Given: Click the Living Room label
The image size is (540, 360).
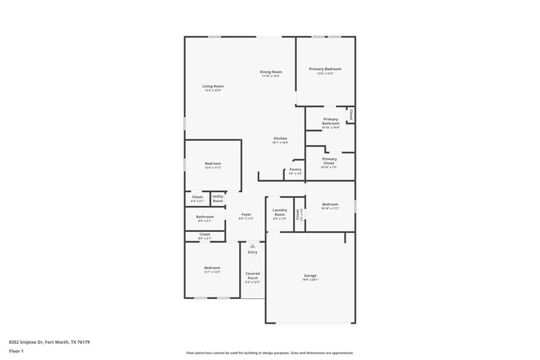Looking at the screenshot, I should point(213,86).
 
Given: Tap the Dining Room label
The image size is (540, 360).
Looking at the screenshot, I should point(270,72).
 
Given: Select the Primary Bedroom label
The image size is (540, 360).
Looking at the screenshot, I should point(325,69).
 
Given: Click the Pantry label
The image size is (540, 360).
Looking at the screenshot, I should point(295,170).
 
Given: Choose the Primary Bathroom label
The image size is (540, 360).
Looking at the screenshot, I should point(330,121).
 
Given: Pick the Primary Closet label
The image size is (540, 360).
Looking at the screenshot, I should point(329,160).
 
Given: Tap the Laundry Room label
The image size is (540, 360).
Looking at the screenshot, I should point(280,212).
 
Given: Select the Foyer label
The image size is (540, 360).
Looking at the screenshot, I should point(246,214).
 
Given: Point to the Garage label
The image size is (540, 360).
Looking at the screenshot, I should point(310,275).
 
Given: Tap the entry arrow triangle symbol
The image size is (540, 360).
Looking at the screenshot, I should point(252,246).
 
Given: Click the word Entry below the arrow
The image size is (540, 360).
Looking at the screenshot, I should point(252,252).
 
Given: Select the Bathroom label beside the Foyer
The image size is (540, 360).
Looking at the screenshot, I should point(204,217).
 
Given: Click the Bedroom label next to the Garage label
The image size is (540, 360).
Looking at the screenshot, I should point(329,204).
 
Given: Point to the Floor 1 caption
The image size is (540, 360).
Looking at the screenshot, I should point(16,352).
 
